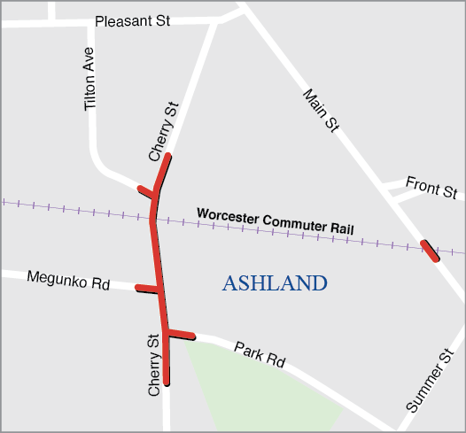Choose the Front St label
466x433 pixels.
click(431, 187)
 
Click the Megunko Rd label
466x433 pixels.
click(67, 282)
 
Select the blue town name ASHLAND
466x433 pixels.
click(275, 283)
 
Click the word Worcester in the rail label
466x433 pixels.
click(229, 215)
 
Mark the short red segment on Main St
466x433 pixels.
click(430, 251)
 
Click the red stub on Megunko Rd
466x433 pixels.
click(147, 288)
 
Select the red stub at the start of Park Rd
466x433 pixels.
click(180, 333)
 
